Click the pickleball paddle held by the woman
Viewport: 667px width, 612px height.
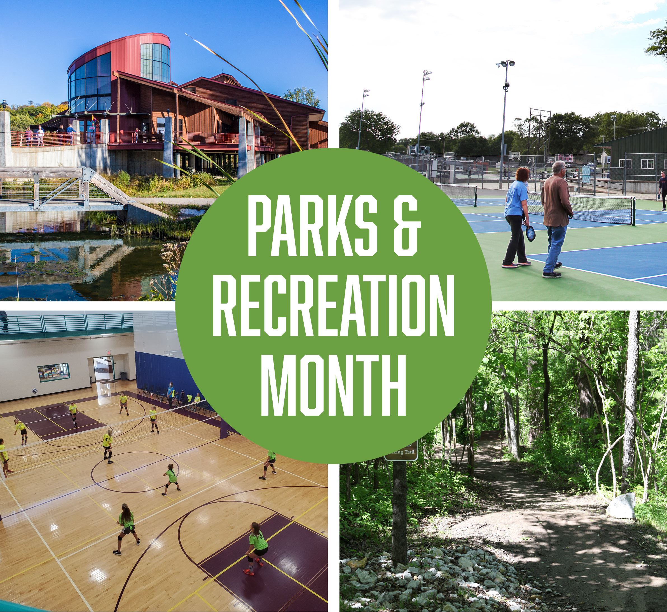click(530, 233)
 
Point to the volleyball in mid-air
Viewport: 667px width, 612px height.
click(34, 391)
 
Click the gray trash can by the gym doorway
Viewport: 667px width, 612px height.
click(123, 376)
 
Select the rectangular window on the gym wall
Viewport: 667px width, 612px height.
click(53, 373)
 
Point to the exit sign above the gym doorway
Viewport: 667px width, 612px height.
click(108, 358)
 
